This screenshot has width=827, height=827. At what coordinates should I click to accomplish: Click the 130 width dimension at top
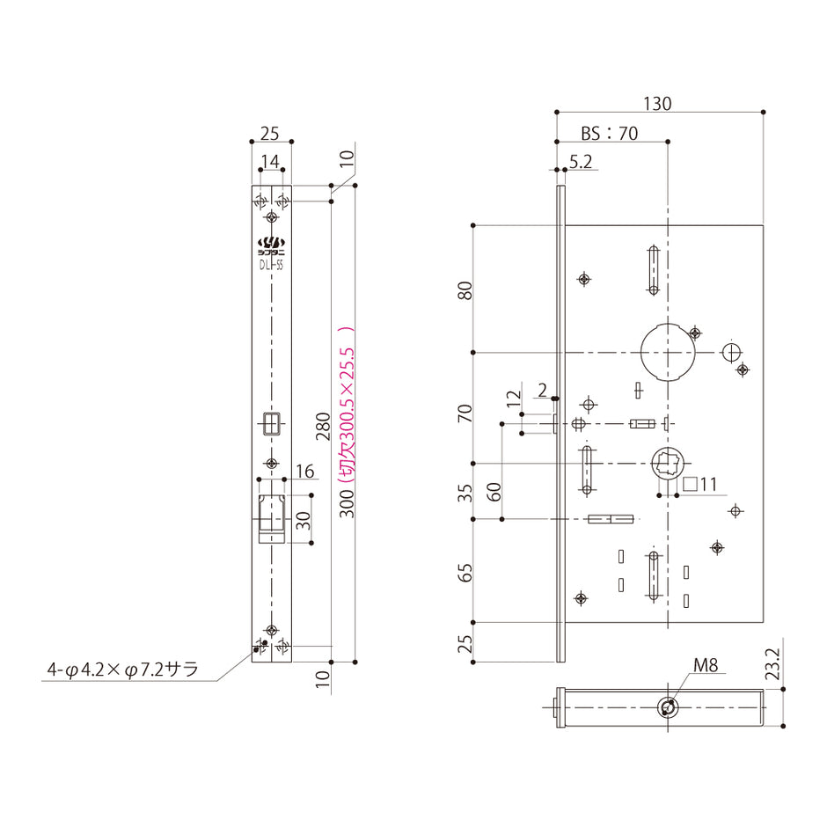[656, 103]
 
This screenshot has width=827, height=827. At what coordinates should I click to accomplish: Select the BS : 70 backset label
[609, 134]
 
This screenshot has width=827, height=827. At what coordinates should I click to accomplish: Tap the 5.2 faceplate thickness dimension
[581, 162]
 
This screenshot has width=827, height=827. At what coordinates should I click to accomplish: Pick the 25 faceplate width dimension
[270, 134]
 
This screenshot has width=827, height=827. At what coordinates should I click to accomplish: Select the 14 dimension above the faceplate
[271, 161]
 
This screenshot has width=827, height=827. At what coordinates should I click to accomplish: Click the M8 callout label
[706, 666]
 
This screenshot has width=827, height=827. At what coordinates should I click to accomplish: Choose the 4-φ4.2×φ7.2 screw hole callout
[122, 670]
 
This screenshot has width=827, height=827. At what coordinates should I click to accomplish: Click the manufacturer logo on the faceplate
[271, 243]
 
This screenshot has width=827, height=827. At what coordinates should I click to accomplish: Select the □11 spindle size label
[701, 483]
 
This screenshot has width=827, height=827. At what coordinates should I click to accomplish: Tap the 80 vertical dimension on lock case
[467, 289]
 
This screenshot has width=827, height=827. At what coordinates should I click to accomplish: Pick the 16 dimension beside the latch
[304, 472]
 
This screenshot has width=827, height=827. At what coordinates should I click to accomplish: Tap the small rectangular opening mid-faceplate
[271, 422]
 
